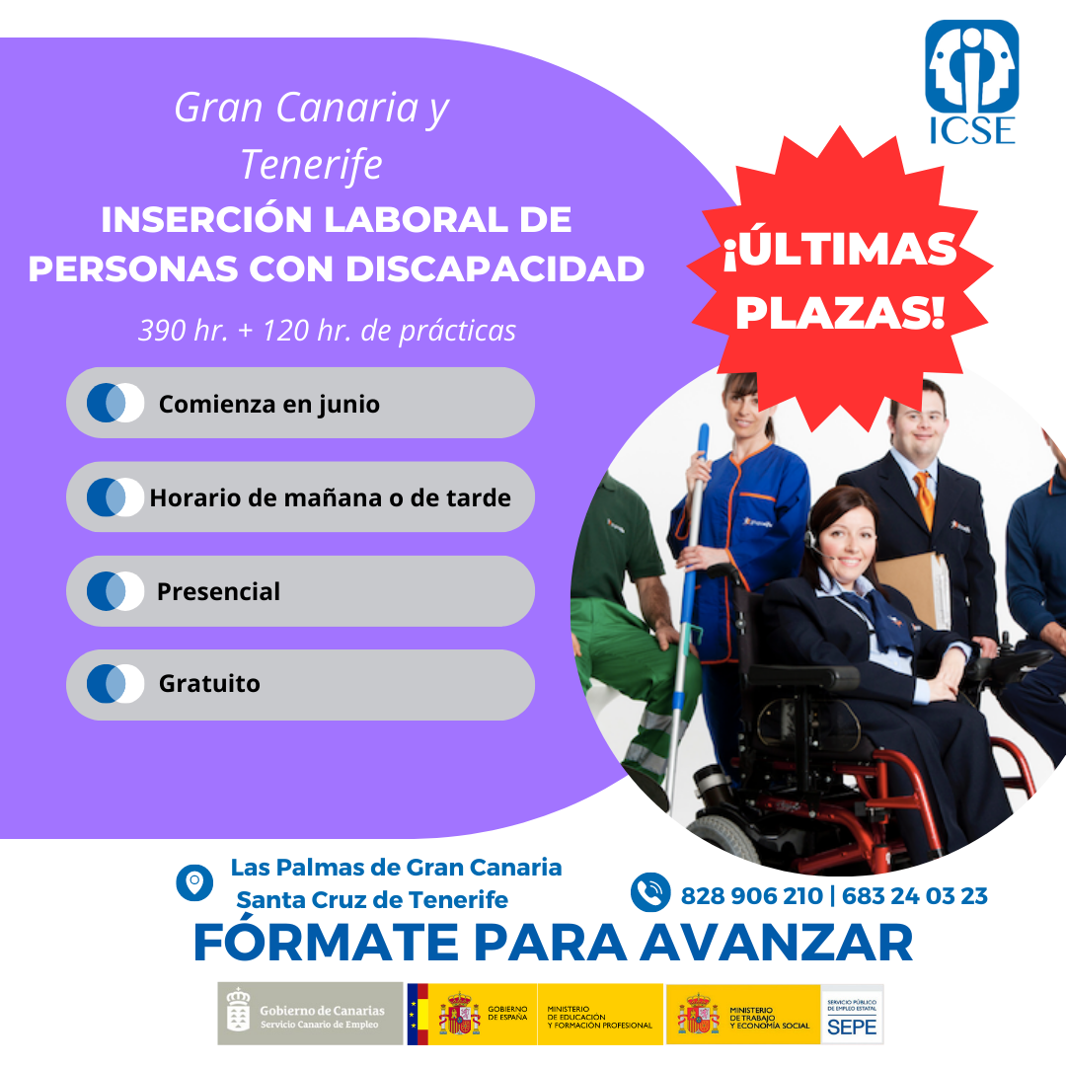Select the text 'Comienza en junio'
268,404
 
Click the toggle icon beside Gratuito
114,684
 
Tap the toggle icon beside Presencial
114,591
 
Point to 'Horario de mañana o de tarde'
330,497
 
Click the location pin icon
194,882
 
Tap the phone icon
650,892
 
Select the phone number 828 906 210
751,896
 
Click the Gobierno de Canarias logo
309,1014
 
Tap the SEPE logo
852,1014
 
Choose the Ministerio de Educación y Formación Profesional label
599,1018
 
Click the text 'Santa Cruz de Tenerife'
372,900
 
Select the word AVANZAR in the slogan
776,943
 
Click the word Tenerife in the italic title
311,164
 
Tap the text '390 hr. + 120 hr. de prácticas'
327,331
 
